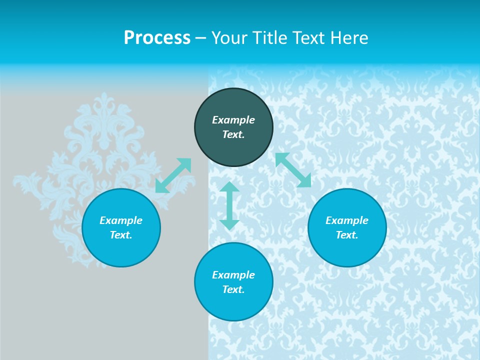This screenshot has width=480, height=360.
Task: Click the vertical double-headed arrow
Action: [x=229, y=206]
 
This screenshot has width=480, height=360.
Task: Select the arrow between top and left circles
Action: [x=173, y=175]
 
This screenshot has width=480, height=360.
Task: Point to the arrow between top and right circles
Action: [x=293, y=170]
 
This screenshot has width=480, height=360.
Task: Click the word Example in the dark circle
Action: [x=233, y=120]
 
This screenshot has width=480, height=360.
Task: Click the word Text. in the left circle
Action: [x=121, y=235]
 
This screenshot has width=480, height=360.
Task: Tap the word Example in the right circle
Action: [x=347, y=220]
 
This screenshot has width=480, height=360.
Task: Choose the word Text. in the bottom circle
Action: [x=233, y=289]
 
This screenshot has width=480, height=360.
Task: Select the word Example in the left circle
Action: [x=121, y=220]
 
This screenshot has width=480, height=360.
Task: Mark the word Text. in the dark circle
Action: [x=233, y=134]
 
